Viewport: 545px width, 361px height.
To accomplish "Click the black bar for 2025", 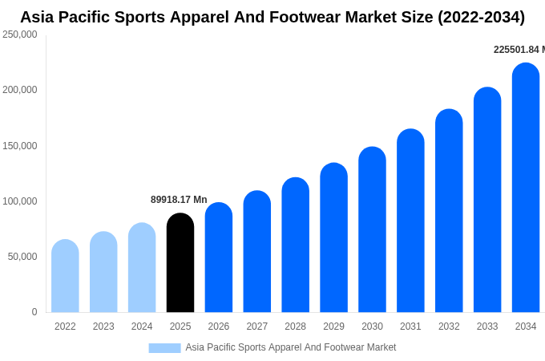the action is [x=180, y=262].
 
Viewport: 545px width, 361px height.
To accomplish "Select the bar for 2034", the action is [x=526, y=188].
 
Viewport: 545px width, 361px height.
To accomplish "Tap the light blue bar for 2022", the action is [x=66, y=276].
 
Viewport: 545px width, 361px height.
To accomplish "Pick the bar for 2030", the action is [x=372, y=229].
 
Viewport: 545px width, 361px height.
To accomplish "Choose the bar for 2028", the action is [x=296, y=245].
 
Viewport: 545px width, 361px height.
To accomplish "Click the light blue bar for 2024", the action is [x=142, y=267].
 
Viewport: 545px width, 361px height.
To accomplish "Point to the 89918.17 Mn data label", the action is [x=179, y=200].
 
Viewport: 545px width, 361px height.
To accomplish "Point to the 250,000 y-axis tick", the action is [x=19, y=34].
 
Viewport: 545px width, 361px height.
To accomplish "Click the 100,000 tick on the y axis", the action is [x=19, y=201].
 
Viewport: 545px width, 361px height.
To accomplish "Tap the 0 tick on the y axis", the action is [x=34, y=312].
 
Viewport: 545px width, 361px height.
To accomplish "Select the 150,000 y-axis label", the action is [x=19, y=146].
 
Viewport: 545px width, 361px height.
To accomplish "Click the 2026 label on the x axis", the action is [x=219, y=327].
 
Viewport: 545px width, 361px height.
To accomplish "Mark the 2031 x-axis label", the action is [x=410, y=327].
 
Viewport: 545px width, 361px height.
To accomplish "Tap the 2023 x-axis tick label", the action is [x=103, y=327].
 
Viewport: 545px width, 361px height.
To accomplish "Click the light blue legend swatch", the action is [x=165, y=348].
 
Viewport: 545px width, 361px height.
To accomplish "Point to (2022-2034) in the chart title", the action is [x=481, y=18].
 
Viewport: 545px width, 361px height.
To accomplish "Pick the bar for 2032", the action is [x=449, y=210].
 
